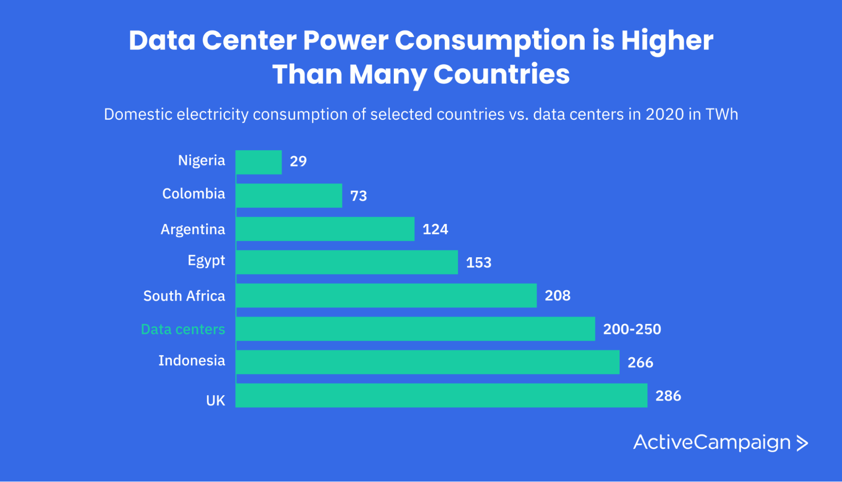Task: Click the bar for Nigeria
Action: coord(259,162)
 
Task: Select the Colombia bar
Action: coord(289,195)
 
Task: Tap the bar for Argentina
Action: coord(325,229)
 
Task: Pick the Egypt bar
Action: coord(347,262)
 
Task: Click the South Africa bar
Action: coord(386,295)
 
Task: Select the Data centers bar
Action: coord(415,329)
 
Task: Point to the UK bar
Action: coord(441,396)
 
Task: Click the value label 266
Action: coord(640,363)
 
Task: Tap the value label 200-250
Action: coord(632,329)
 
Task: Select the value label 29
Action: coord(298,161)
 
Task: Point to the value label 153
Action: coord(478,263)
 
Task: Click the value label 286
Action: coord(668,396)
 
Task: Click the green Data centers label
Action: coord(183,329)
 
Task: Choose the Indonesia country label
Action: coord(192,360)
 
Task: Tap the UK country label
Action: coord(215,400)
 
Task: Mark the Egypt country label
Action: coord(206,261)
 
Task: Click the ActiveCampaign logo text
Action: coord(712,442)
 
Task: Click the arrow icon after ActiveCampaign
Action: coord(802,443)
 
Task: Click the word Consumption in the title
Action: coord(490,40)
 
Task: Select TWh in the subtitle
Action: coord(721,114)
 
